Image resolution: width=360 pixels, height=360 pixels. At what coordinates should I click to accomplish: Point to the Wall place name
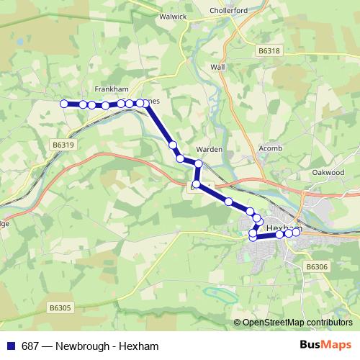point(218,66)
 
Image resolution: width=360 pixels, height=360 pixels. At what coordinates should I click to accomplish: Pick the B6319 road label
point(63,145)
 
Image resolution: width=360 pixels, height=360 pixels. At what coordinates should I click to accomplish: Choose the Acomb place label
point(269,149)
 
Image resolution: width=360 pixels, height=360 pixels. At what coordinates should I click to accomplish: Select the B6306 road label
point(316,266)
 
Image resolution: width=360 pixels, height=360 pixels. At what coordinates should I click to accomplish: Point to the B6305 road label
point(60,307)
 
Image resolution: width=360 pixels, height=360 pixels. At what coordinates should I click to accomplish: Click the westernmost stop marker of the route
point(63,104)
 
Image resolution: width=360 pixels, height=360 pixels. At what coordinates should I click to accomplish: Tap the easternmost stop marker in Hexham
point(295,231)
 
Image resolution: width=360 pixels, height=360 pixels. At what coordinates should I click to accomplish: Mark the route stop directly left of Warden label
point(197,165)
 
